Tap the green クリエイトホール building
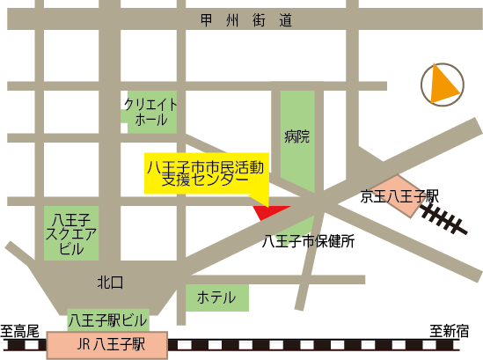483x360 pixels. coord(151,111)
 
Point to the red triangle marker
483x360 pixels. coord(269,211)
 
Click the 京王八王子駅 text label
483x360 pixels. coord(399,195)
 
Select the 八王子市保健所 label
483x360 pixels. coord(308,242)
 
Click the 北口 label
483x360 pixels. coord(111,282)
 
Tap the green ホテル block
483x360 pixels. coord(216,298)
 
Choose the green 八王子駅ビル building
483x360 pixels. coord(108,319)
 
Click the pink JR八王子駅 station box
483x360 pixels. coord(106,345)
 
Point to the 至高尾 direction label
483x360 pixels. coord(20,331)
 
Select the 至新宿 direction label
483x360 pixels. coord(450,331)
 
